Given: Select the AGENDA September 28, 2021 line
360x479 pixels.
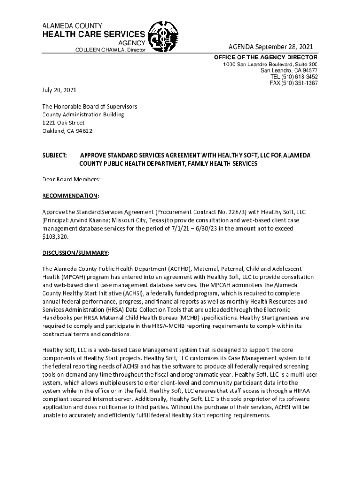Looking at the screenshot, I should (x=270, y=46).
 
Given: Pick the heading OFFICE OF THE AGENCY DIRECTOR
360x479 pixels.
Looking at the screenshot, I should (x=266, y=57).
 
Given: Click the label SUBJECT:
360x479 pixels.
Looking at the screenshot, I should (x=55, y=155).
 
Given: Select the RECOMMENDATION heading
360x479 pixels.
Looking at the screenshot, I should (x=71, y=195).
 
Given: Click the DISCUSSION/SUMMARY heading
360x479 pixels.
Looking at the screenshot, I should (x=75, y=253).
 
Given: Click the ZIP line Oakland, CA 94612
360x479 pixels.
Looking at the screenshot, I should (x=67, y=131).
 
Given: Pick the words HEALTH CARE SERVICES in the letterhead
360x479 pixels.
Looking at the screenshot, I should (x=94, y=35).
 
